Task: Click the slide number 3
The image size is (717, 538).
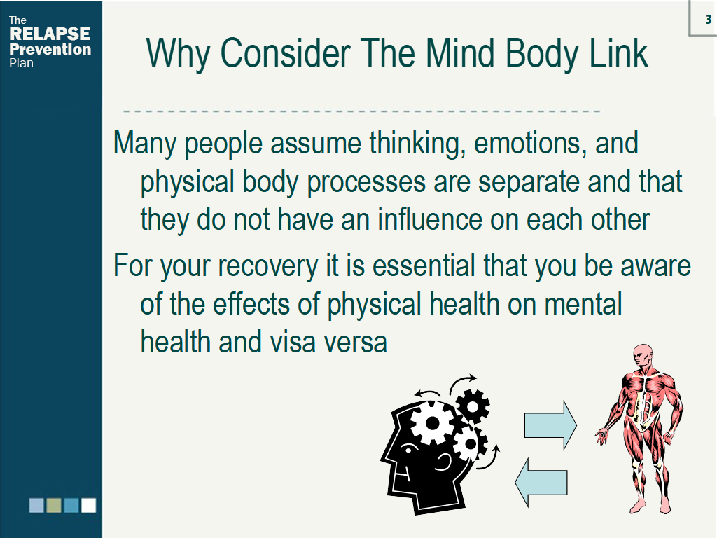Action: click(x=709, y=19)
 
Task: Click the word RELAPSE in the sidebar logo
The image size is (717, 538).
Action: click(x=50, y=34)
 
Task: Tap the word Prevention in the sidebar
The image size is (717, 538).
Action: click(x=50, y=50)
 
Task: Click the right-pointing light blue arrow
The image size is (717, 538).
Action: click(x=550, y=425)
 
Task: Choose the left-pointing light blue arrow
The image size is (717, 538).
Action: click(x=541, y=482)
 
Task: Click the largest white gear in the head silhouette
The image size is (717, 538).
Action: click(x=432, y=423)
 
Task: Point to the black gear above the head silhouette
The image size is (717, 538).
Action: click(x=473, y=406)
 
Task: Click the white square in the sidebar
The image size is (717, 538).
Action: click(x=89, y=505)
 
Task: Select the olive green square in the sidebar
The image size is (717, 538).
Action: click(x=54, y=505)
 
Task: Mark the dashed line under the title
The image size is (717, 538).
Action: click(x=361, y=111)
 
